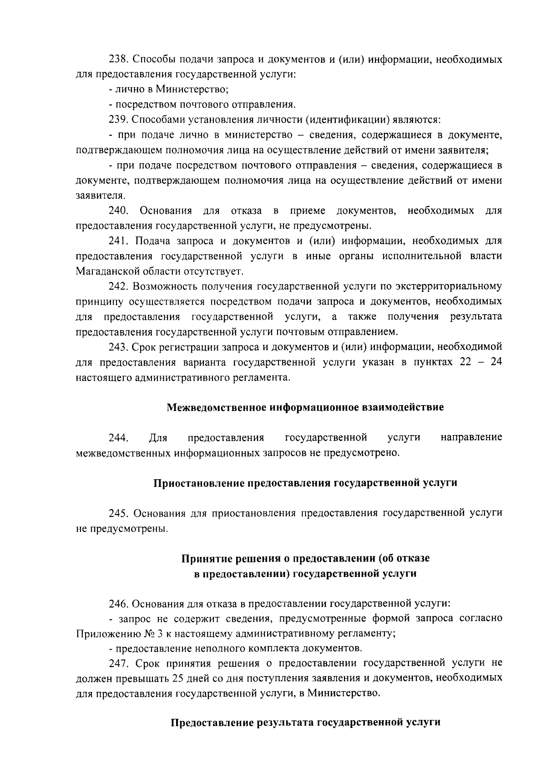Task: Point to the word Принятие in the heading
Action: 203,558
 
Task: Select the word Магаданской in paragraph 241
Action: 108,271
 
